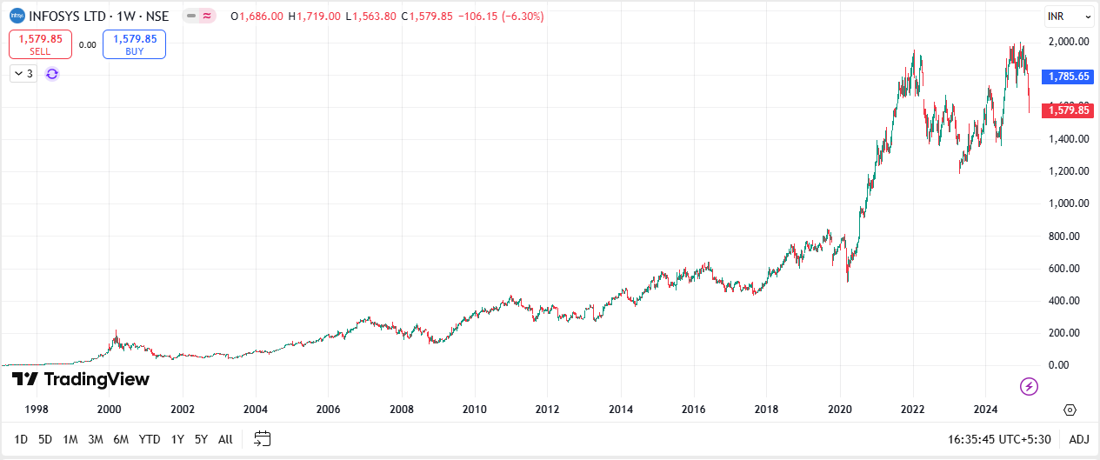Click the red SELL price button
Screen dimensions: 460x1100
click(40, 44)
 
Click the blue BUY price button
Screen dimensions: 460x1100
click(134, 44)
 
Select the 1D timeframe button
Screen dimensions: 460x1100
click(22, 439)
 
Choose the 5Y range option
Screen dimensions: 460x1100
click(201, 439)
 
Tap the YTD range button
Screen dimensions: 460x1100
click(150, 439)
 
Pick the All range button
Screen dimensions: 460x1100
click(225, 439)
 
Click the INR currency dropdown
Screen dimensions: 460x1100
click(1069, 17)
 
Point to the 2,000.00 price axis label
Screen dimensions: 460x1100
click(1070, 42)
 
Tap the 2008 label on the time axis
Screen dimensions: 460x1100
click(401, 409)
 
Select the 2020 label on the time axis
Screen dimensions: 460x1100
click(839, 409)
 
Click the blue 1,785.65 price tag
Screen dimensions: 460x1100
click(1069, 77)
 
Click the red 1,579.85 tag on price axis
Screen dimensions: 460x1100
click(1069, 110)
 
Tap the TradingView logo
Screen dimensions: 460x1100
click(81, 379)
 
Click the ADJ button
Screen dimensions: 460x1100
click(1078, 439)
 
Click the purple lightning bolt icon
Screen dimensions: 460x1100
click(1029, 386)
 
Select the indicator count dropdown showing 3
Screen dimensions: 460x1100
click(23, 74)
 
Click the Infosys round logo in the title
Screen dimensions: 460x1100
click(17, 16)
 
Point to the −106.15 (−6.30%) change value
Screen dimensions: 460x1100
click(500, 16)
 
